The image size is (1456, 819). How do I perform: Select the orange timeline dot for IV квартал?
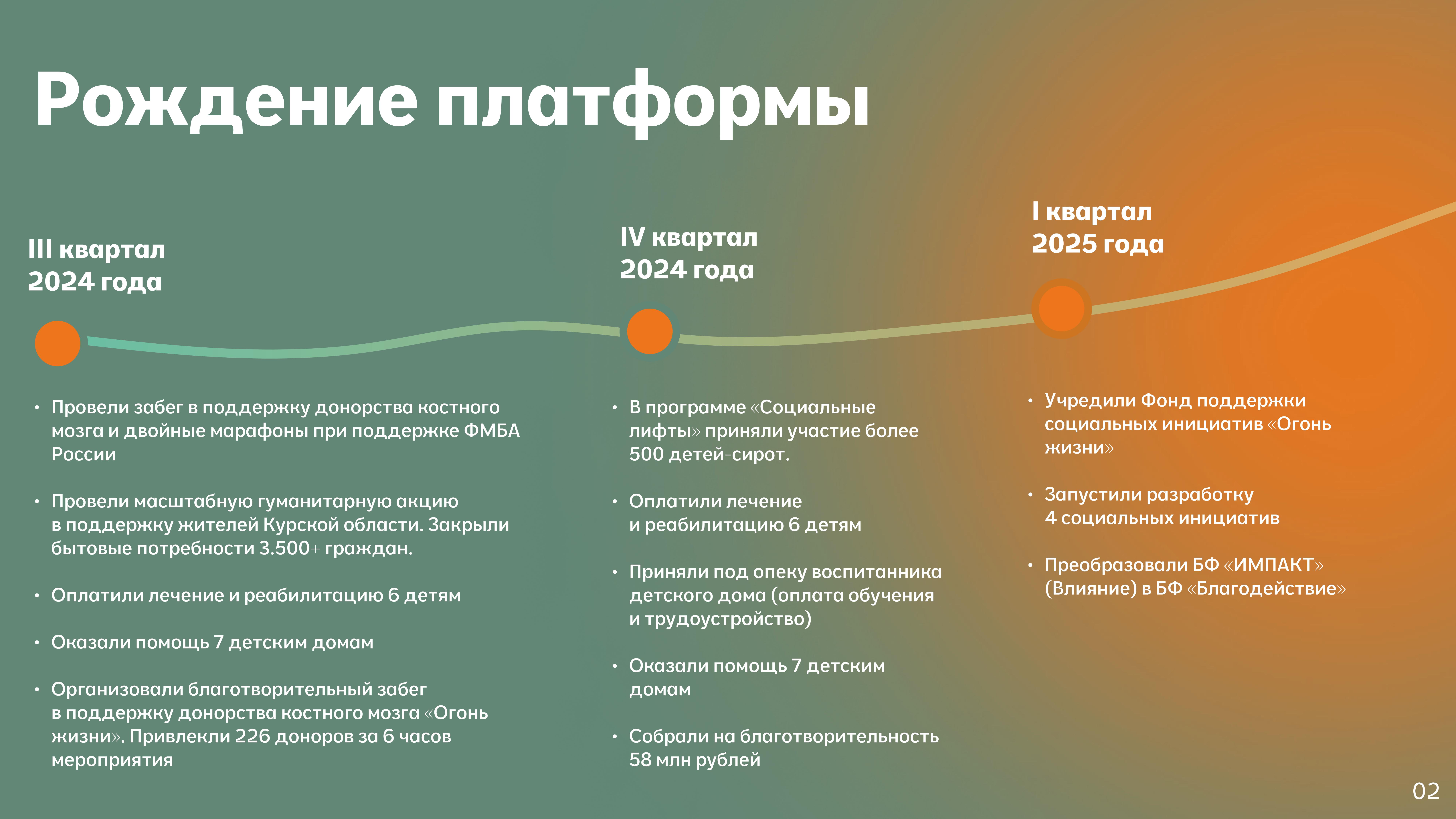(650, 331)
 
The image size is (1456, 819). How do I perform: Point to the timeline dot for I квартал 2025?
(1061, 309)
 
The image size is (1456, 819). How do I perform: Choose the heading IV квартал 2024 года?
(689, 253)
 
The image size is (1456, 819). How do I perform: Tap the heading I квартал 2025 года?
(1098, 228)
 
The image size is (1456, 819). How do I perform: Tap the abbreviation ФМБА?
(491, 431)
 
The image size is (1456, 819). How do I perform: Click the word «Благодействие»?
(1266, 588)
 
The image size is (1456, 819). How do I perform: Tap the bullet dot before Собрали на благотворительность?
(615, 737)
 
